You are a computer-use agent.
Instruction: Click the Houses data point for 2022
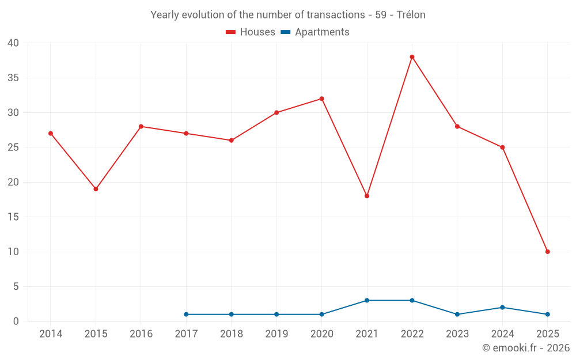(x=412, y=57)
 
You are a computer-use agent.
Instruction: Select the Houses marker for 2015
(x=96, y=189)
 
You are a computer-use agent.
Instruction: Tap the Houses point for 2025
(x=547, y=252)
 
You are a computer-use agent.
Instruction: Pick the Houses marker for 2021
(x=367, y=196)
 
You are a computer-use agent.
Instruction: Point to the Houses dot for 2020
(x=321, y=98)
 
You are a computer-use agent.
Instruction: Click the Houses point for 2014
(x=51, y=134)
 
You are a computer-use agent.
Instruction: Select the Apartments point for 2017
(x=186, y=314)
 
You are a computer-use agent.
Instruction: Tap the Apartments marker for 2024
(x=502, y=308)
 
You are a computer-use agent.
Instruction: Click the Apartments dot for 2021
(x=367, y=301)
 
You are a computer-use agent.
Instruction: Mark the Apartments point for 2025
(x=547, y=314)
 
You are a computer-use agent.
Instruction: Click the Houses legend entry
(x=251, y=32)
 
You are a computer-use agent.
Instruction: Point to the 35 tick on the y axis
(x=13, y=78)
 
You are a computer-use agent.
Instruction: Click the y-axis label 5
(x=16, y=286)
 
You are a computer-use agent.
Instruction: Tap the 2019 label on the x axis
(x=276, y=334)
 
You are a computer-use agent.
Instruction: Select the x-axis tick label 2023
(x=457, y=334)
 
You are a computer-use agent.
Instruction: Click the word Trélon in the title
(x=411, y=15)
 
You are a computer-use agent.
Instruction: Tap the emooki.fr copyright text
(x=526, y=348)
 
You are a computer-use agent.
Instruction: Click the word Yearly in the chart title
(x=165, y=15)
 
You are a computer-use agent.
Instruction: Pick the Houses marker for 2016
(x=141, y=126)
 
